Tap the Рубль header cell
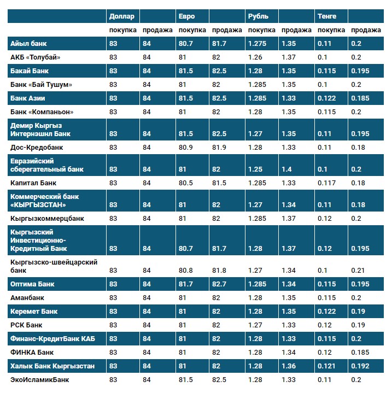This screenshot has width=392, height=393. tap(258, 16)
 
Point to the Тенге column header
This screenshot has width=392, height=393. tap(327, 16)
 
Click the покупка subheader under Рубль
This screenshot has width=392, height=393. tap(262, 30)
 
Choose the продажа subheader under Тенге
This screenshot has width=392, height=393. tap(366, 30)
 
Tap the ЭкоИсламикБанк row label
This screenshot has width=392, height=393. tap(40, 380)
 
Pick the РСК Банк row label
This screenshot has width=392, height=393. tap(26, 325)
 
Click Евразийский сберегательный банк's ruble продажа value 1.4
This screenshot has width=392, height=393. tap(286, 169)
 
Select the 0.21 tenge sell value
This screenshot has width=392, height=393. tap(357, 270)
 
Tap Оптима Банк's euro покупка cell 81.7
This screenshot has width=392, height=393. tap(186, 284)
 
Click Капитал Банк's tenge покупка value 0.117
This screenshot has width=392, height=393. tap(326, 183)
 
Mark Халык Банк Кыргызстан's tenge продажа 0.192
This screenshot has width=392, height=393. tap(360, 366)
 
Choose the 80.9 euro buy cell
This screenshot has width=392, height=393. tap(186, 147)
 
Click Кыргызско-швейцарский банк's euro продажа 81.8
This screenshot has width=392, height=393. tap(220, 270)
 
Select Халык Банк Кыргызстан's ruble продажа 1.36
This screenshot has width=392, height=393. tap(288, 366)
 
